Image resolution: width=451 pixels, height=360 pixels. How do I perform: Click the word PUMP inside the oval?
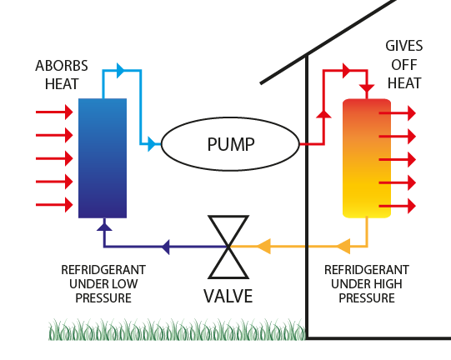(x=231, y=144)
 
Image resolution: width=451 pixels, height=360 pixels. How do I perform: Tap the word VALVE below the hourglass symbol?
(x=228, y=296)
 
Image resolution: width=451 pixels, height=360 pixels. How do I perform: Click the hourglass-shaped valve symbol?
(x=228, y=247)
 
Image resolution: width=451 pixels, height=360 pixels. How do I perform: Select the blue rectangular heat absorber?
(x=103, y=158)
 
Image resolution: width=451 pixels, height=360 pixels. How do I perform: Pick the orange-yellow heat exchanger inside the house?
(x=367, y=158)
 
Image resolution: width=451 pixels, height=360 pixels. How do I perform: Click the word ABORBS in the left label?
(x=62, y=66)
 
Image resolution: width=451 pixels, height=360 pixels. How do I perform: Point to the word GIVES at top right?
(x=404, y=46)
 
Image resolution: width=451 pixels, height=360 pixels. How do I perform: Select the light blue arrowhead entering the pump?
(x=152, y=144)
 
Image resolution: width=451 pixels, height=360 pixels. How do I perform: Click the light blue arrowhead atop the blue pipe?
(x=121, y=70)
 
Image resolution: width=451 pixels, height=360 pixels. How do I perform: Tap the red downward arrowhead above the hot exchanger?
(x=367, y=88)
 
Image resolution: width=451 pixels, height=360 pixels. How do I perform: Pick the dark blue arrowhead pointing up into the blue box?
(x=104, y=227)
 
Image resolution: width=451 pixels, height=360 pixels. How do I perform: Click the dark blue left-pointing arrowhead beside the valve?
(x=166, y=247)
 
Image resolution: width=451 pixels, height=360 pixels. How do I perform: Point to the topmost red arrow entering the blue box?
(x=54, y=112)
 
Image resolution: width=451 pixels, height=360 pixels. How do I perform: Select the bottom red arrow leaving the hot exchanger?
(x=397, y=206)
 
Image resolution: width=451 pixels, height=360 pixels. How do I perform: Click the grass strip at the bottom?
(x=177, y=329)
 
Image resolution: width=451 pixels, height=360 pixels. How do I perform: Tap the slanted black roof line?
(x=328, y=42)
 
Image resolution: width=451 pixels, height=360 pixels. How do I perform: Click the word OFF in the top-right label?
(x=404, y=65)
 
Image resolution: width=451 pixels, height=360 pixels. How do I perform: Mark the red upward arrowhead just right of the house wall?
(x=323, y=114)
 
